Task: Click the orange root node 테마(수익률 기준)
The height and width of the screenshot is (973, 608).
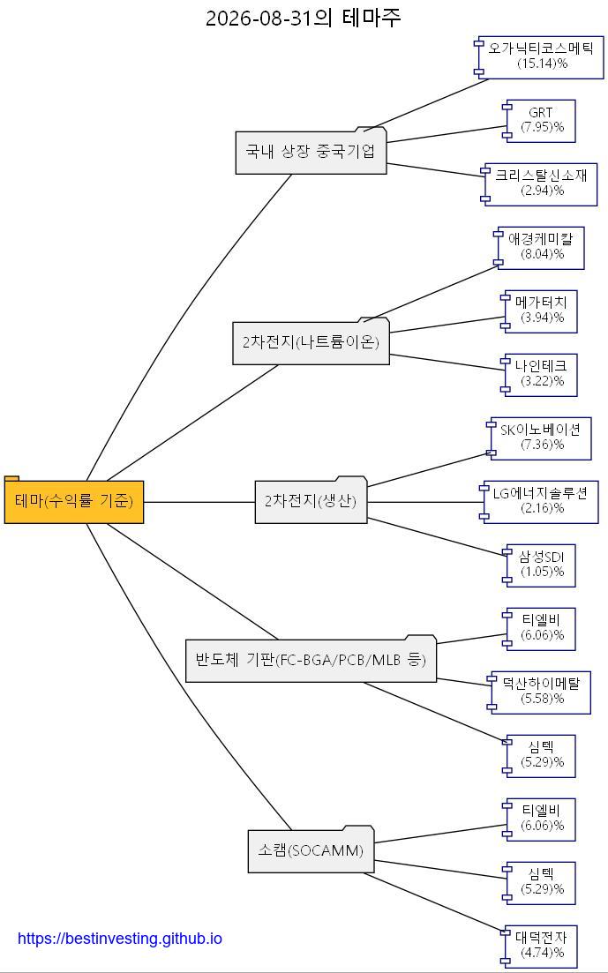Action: click(x=74, y=500)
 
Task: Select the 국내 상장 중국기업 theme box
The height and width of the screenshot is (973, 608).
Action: click(x=311, y=151)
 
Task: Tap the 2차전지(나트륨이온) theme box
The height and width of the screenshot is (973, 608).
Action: click(x=311, y=341)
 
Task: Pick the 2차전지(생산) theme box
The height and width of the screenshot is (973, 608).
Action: click(x=311, y=500)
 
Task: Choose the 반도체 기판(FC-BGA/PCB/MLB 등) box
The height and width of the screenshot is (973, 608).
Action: click(x=311, y=659)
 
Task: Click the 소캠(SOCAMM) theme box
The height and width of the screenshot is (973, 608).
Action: click(x=311, y=850)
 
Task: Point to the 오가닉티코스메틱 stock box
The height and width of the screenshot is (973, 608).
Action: click(x=538, y=57)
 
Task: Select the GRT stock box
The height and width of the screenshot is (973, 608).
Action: click(x=539, y=121)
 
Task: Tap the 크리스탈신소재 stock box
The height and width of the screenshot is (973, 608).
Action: click(x=539, y=184)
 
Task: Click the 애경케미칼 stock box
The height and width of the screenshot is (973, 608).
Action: click(x=539, y=248)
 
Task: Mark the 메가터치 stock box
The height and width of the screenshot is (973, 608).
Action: click(x=539, y=311)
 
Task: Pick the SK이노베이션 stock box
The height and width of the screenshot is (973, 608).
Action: click(x=539, y=438)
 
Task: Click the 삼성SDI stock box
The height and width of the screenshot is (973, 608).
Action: click(x=539, y=566)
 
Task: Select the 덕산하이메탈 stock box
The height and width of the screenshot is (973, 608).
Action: click(x=539, y=692)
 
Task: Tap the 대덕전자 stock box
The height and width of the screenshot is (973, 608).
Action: click(x=539, y=947)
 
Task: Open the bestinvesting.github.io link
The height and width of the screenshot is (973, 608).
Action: click(x=120, y=939)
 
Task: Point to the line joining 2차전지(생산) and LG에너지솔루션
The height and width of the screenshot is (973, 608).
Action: click(x=425, y=502)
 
